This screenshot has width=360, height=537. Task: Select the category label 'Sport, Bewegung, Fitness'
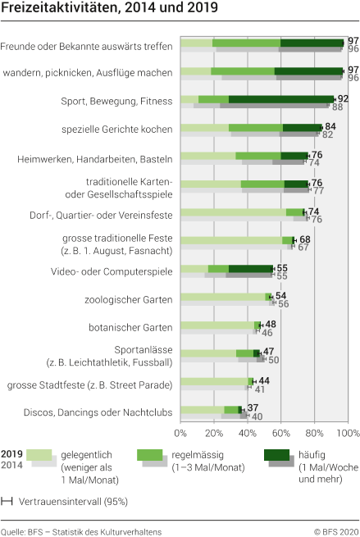click(x=117, y=101)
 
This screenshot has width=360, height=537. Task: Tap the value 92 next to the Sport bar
click(x=343, y=98)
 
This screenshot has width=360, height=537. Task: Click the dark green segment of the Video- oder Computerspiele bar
click(x=250, y=268)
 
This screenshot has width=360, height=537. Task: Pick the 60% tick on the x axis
click(x=281, y=432)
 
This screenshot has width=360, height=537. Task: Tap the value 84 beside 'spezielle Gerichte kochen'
click(x=330, y=126)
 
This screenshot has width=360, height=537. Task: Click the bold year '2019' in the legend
click(x=12, y=453)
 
